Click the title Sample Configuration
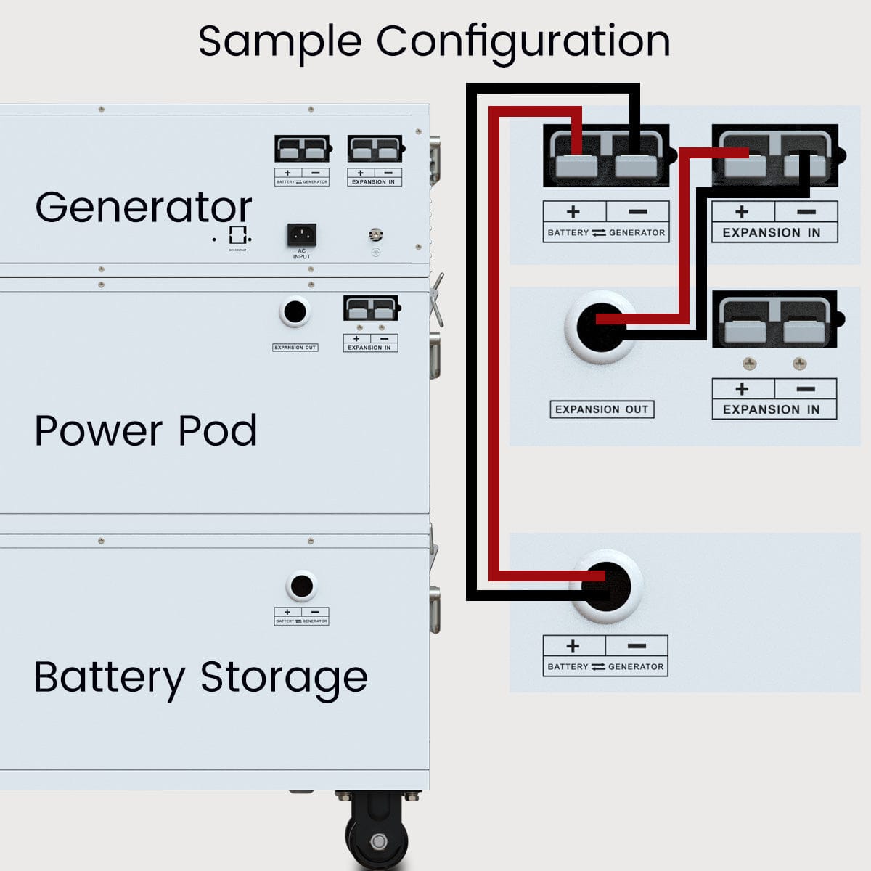[434, 41]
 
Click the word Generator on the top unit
[143, 208]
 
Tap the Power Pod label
[145, 430]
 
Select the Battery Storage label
[200, 677]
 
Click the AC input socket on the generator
[302, 234]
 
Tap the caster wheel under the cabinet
[378, 835]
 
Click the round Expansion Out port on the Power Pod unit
[295, 312]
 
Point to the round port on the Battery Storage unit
[301, 586]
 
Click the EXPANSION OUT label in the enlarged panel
[602, 409]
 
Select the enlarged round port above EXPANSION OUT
[601, 327]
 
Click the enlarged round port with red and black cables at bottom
[606, 586]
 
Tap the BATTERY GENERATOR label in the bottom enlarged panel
[605, 666]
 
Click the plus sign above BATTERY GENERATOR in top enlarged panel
[573, 212]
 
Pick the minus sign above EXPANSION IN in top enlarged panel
[806, 212]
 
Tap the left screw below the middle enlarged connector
[749, 363]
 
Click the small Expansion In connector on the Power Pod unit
[371, 309]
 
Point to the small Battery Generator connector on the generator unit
[302, 150]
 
